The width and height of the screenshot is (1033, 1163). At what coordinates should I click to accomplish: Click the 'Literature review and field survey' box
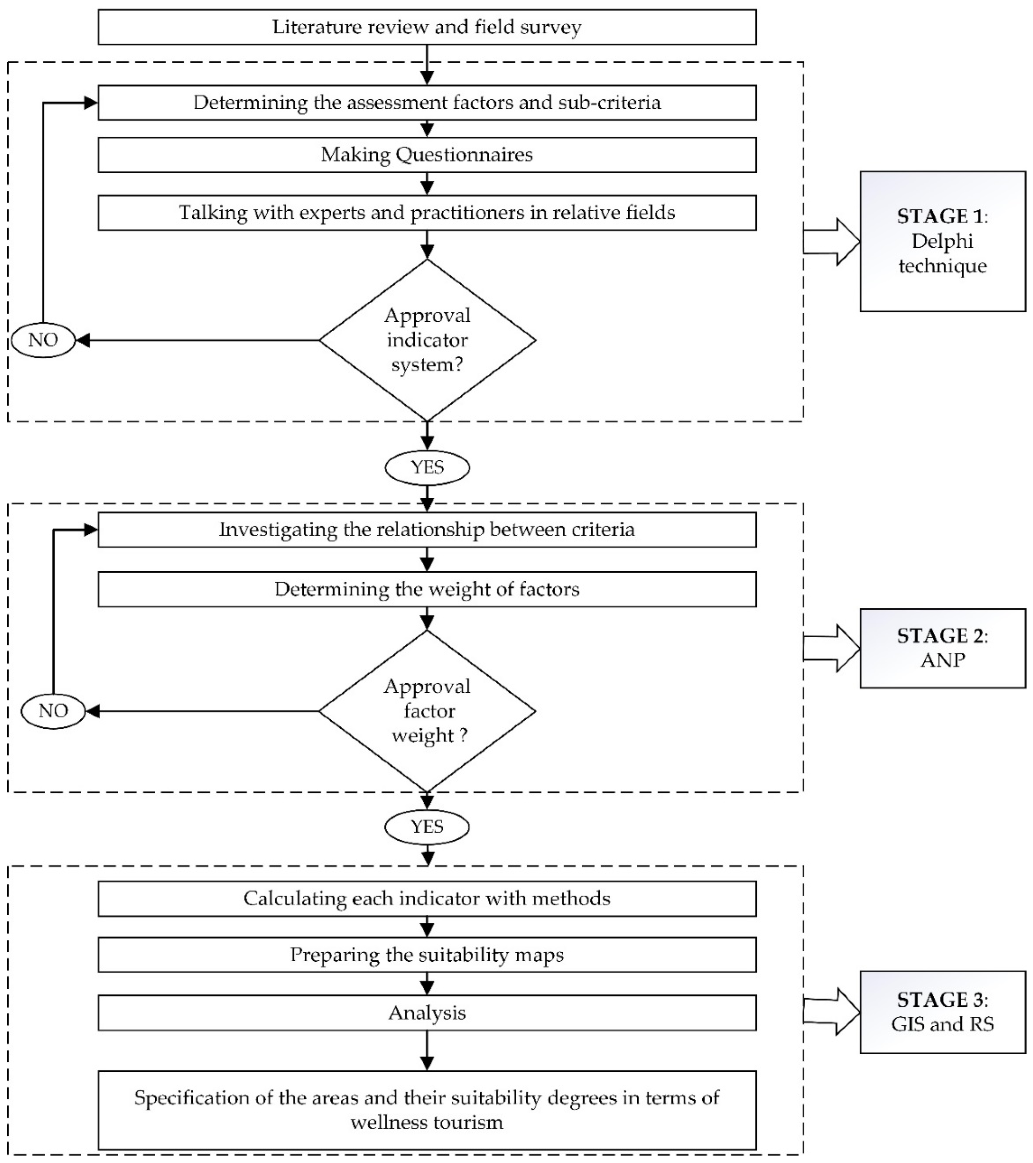(427, 27)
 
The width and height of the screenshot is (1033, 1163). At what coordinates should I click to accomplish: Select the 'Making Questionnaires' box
(427, 155)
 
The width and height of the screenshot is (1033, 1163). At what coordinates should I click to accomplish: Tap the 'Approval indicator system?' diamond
(427, 340)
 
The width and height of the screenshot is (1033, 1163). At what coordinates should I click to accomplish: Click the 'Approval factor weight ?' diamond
(427, 711)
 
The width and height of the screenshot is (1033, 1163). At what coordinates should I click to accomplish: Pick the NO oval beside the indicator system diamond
(43, 340)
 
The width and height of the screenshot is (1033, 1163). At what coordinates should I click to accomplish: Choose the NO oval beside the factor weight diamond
(53, 711)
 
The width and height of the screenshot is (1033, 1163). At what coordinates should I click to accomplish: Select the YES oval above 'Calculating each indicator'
(427, 827)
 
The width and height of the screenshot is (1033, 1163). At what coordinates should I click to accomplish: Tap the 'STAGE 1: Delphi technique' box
(942, 241)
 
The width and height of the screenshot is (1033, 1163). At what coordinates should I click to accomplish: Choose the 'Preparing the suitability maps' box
(427, 955)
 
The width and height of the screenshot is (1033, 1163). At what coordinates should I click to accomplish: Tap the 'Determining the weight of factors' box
(427, 589)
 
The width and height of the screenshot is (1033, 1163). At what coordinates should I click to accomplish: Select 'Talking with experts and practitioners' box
(427, 213)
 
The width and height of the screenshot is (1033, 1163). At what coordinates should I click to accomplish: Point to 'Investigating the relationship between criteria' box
(427, 530)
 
